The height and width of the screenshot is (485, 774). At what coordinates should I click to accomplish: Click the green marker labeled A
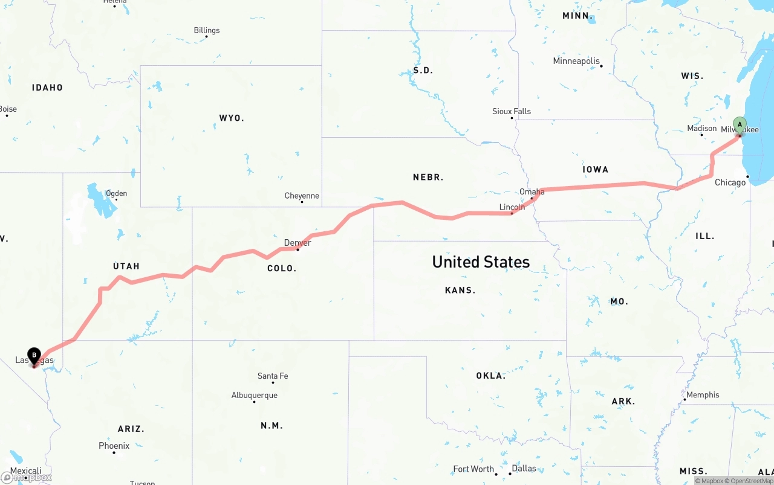[x=740, y=126]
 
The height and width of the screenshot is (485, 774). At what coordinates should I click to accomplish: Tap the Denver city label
[x=298, y=243]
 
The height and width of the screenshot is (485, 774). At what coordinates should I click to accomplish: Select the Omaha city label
[x=532, y=191]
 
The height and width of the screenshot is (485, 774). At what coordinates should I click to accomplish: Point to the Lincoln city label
[x=512, y=207]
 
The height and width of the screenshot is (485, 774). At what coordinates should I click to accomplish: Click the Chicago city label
[x=730, y=182]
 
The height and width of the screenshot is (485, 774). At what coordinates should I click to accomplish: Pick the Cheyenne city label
[x=302, y=196]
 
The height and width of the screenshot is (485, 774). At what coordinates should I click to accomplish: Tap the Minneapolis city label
[x=576, y=61]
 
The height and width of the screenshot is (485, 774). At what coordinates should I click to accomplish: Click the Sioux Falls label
[x=512, y=111]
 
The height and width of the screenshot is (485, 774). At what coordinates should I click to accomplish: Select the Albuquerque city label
[x=255, y=396]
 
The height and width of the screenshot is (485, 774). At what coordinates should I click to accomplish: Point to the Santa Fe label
[x=273, y=376]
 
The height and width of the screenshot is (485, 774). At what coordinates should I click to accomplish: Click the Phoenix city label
[x=114, y=446]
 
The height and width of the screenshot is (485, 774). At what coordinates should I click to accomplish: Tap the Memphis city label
[x=703, y=395]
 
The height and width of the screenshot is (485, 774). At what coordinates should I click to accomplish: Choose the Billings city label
[x=207, y=30]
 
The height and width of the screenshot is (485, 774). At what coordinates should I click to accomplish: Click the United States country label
[x=481, y=262]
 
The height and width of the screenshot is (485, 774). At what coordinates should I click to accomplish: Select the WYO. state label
[x=232, y=118]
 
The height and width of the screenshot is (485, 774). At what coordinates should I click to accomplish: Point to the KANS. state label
[x=460, y=290]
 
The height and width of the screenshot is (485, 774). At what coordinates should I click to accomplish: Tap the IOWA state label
[x=596, y=170]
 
